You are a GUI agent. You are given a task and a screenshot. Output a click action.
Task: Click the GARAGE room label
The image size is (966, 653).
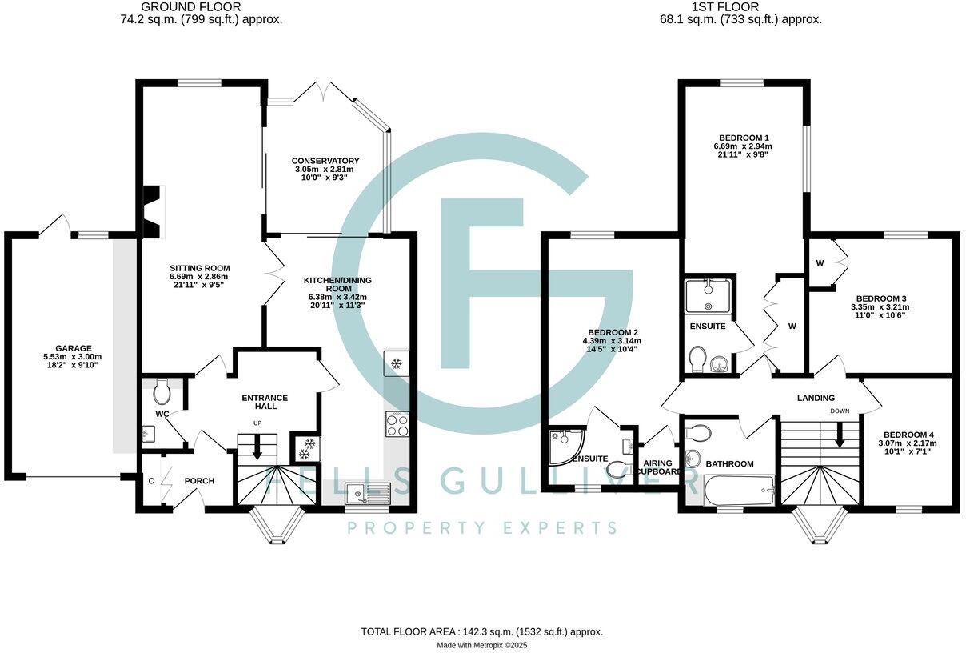pos(74,348)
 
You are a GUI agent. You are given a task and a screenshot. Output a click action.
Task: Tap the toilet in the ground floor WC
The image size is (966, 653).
pos(162,391)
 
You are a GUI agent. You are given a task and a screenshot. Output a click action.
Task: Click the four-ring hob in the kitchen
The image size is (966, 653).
pos(397,424)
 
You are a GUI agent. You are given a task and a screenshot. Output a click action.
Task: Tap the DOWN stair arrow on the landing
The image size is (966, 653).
pos(840,435)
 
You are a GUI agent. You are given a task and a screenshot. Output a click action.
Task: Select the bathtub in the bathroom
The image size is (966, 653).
pos(738,488)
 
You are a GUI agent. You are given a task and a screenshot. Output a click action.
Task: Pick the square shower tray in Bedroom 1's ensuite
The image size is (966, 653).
pos(709,294)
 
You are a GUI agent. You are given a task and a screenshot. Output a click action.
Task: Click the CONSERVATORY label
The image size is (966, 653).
pos(325,161)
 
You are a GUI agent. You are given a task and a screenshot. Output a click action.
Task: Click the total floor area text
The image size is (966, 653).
pos(481,631)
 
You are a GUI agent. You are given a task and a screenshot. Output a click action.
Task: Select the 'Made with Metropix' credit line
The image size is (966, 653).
pos(481,645)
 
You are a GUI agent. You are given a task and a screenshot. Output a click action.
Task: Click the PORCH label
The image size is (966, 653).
pos(199,481)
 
